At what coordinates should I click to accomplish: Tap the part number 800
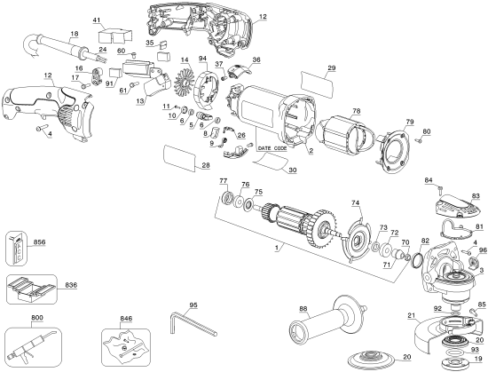click(x=12, y=319)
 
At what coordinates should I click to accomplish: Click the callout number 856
click(x=39, y=241)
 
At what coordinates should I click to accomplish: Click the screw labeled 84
click(x=439, y=189)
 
